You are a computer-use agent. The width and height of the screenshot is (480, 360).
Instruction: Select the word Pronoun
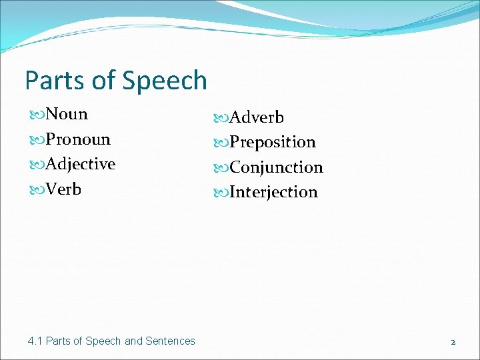tap(78, 139)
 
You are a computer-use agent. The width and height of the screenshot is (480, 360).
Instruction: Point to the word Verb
tap(64, 189)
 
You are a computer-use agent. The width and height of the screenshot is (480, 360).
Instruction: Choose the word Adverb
tap(257, 117)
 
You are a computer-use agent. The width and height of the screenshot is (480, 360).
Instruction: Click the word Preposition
tap(273, 142)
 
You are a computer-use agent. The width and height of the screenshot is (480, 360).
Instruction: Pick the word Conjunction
tap(276, 167)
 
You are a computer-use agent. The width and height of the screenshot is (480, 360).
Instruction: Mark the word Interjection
tap(273, 192)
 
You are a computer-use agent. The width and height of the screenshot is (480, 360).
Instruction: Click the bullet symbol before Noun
tap(37, 115)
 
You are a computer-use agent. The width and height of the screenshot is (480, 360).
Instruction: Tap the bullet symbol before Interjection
tap(221, 193)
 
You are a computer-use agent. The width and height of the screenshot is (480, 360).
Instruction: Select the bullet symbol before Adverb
tap(221, 118)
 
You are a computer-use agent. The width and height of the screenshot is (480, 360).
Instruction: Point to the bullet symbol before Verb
tap(37, 190)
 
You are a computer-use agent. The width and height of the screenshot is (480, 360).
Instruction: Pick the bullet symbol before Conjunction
tap(221, 168)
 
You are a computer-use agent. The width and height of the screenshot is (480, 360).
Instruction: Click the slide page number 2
tap(453, 341)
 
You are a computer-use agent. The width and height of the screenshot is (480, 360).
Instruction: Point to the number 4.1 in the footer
tap(35, 341)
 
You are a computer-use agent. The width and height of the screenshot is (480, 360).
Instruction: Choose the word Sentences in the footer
tap(171, 341)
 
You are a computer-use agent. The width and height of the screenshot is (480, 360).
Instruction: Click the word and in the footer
tap(133, 341)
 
